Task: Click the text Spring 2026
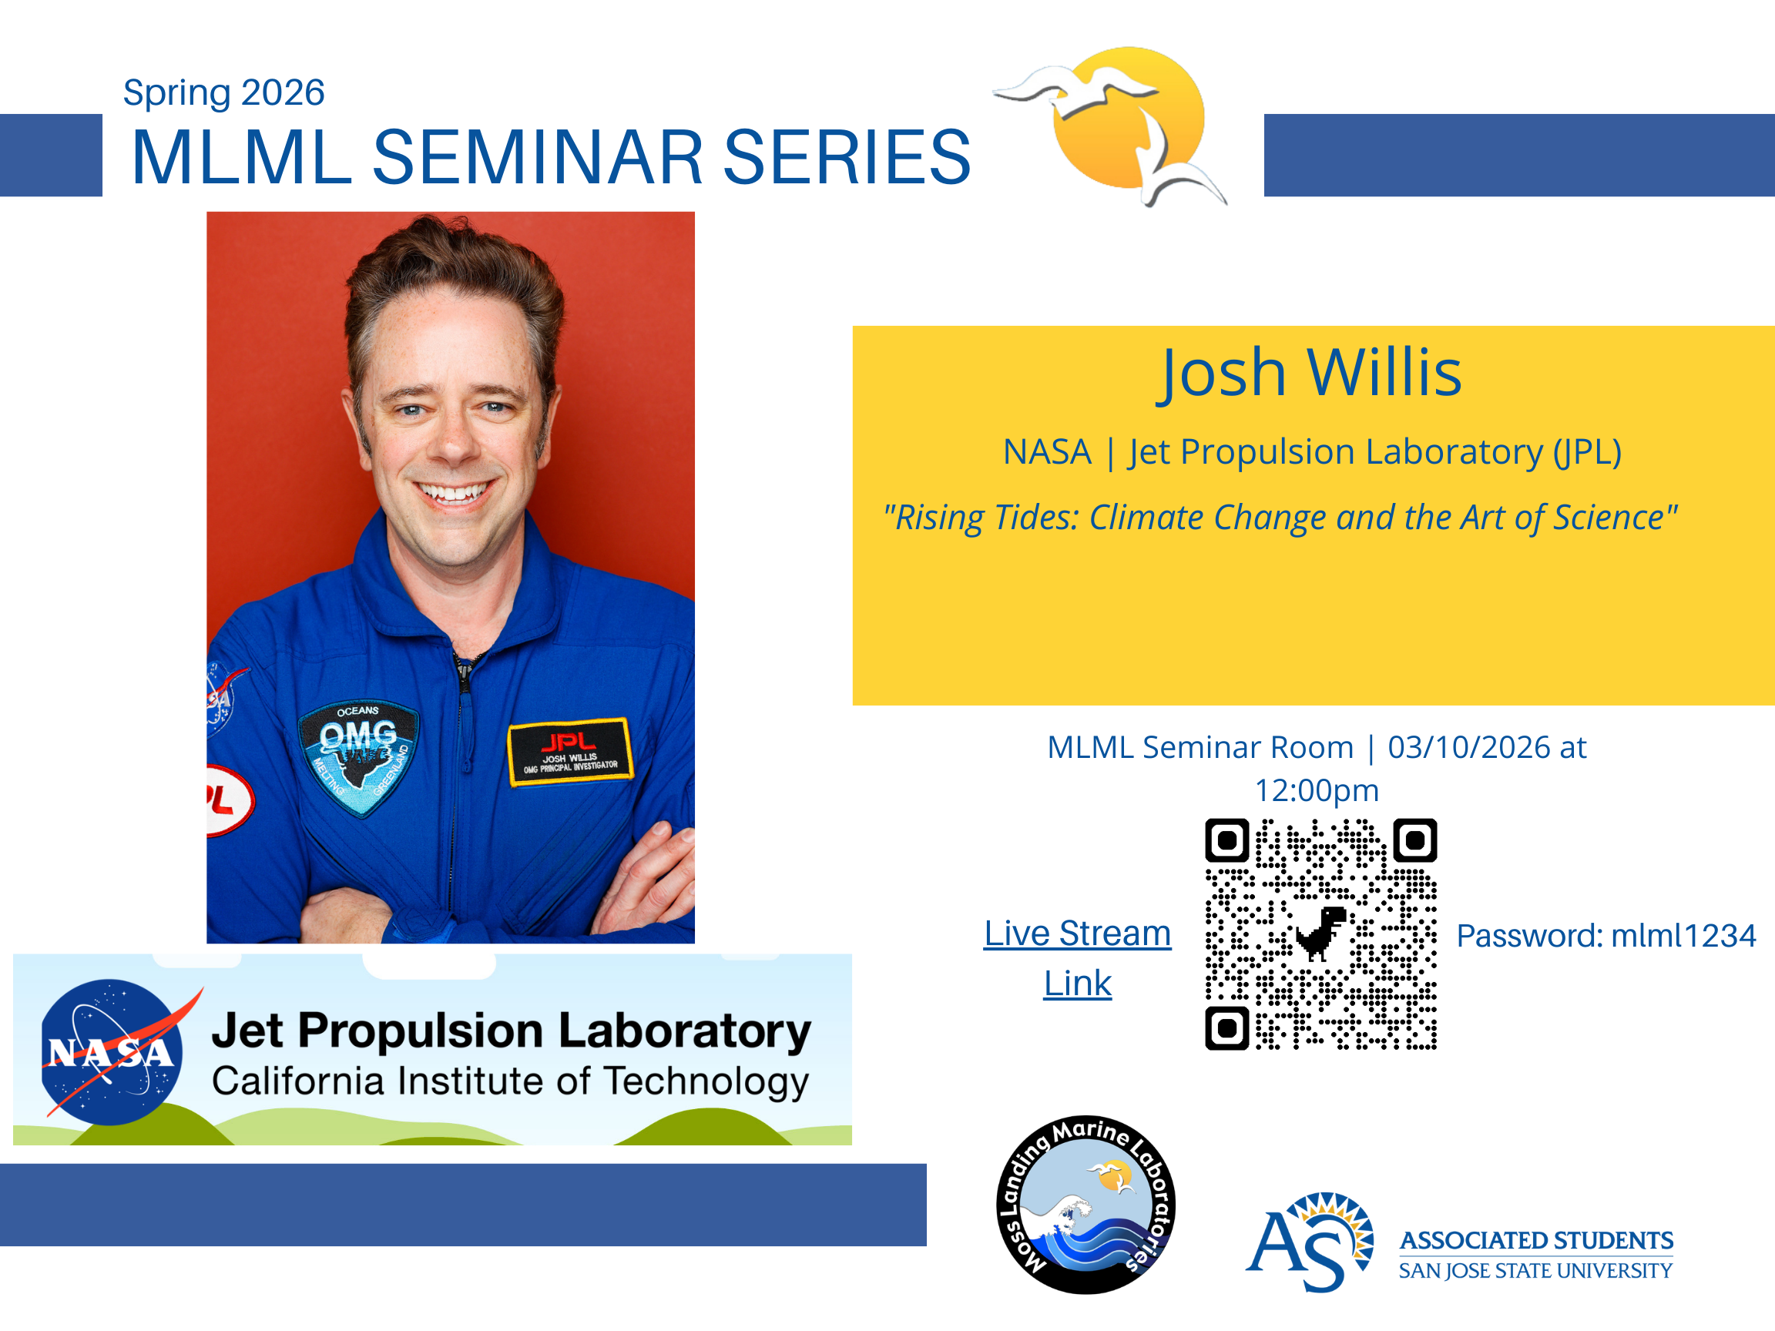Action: point(223,92)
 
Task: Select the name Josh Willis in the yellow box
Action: point(1309,373)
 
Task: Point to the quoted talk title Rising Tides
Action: point(1280,518)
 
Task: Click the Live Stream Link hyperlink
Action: point(1078,958)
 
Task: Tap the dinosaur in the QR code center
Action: point(1320,933)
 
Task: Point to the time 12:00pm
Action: point(1317,790)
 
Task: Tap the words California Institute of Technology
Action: point(510,1081)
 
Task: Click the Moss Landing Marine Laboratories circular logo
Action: point(1085,1204)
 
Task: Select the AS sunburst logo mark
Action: point(1310,1242)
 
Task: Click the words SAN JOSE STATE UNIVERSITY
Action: point(1536,1271)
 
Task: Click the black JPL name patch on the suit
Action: point(571,752)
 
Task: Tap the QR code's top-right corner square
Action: point(1414,840)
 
